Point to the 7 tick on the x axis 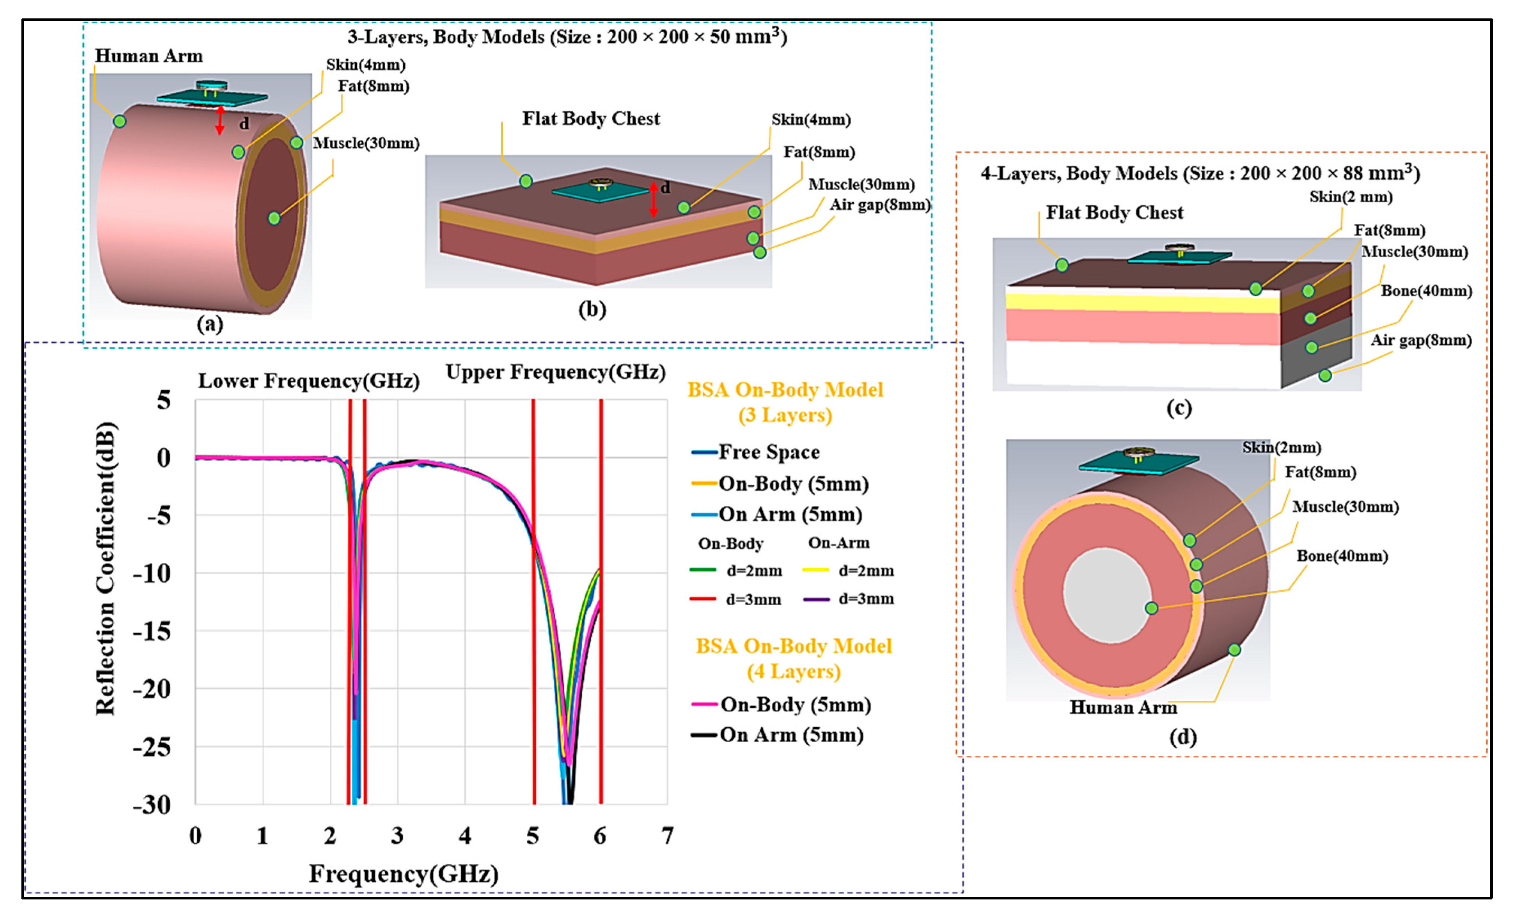(667, 836)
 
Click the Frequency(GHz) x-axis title (403, 874)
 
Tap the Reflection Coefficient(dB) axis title (105, 569)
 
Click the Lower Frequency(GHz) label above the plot (309, 381)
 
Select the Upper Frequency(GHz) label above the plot (555, 372)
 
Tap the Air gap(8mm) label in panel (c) (1421, 340)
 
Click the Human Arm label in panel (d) (1123, 707)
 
